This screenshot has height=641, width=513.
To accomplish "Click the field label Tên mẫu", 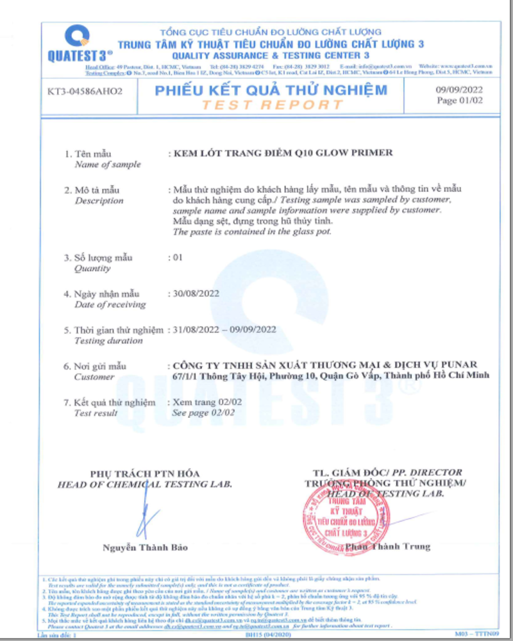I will click(93, 154).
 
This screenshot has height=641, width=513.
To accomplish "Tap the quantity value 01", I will click(179, 258).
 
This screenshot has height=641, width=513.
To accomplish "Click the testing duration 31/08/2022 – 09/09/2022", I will click(225, 329).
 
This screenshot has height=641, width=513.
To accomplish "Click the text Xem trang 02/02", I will click(205, 402).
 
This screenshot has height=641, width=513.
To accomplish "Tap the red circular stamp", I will click(347, 517).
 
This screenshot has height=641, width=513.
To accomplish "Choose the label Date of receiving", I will click(110, 304).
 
